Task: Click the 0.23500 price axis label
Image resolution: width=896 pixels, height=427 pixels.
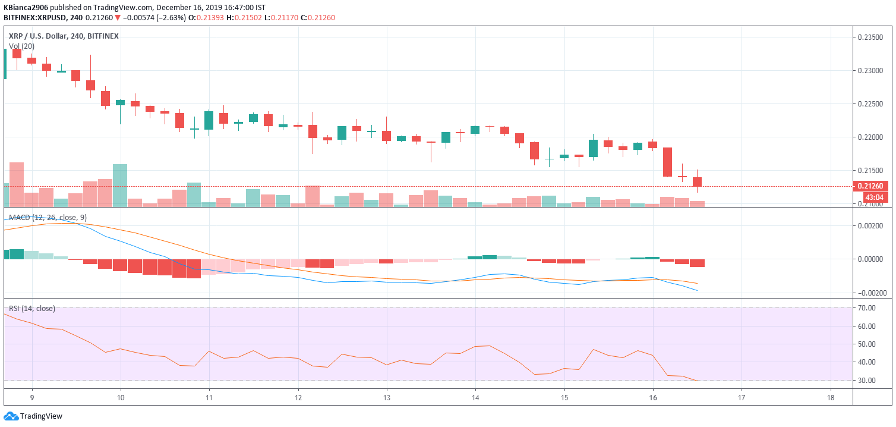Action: tap(870, 37)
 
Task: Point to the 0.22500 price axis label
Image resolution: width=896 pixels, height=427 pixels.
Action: tap(870, 104)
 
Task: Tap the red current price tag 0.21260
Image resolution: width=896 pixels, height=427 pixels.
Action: tap(870, 186)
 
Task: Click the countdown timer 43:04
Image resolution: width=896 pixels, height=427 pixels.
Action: tap(873, 197)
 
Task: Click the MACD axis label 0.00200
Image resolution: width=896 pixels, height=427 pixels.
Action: tap(870, 226)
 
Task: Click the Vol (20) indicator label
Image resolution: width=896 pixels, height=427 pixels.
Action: tap(21, 46)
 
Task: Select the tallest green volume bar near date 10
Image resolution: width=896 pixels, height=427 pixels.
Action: tap(120, 186)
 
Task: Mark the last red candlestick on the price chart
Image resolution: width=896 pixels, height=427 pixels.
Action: tap(697, 181)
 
